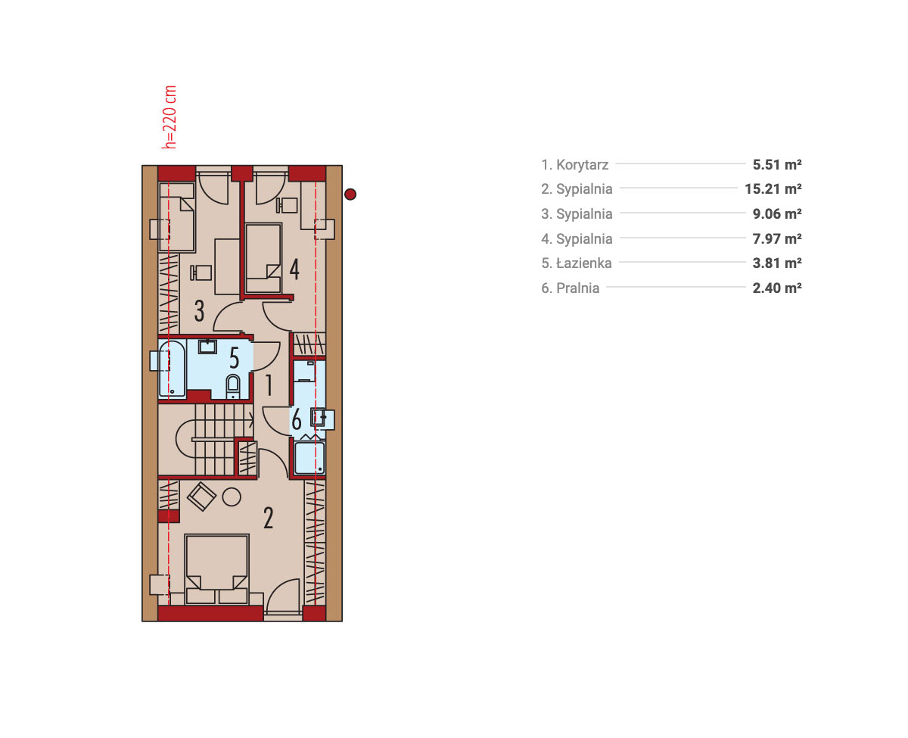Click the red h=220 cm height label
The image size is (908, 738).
[x=169, y=117]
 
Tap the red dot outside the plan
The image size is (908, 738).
[x=350, y=195]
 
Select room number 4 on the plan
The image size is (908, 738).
[x=294, y=269]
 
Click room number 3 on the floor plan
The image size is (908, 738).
[x=199, y=311]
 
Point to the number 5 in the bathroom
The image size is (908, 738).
[x=234, y=358]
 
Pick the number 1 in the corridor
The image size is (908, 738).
[x=269, y=385]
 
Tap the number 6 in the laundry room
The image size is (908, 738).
[x=297, y=419]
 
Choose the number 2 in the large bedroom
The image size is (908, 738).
[x=268, y=518]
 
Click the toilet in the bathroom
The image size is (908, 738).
[x=233, y=386]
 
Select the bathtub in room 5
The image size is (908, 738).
[x=173, y=369]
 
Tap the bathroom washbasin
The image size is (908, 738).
[x=207, y=346]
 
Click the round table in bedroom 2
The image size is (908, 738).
[x=232, y=497]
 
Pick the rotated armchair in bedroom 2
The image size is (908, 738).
[x=201, y=496]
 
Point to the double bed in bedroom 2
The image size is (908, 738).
[x=217, y=569]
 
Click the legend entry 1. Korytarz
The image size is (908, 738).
[x=574, y=164]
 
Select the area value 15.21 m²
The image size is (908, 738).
[x=773, y=189]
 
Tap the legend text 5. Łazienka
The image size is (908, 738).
[x=577, y=263]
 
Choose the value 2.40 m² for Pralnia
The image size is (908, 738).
[x=776, y=288]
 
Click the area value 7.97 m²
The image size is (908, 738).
[x=776, y=238]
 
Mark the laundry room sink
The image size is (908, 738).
[x=318, y=417]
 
